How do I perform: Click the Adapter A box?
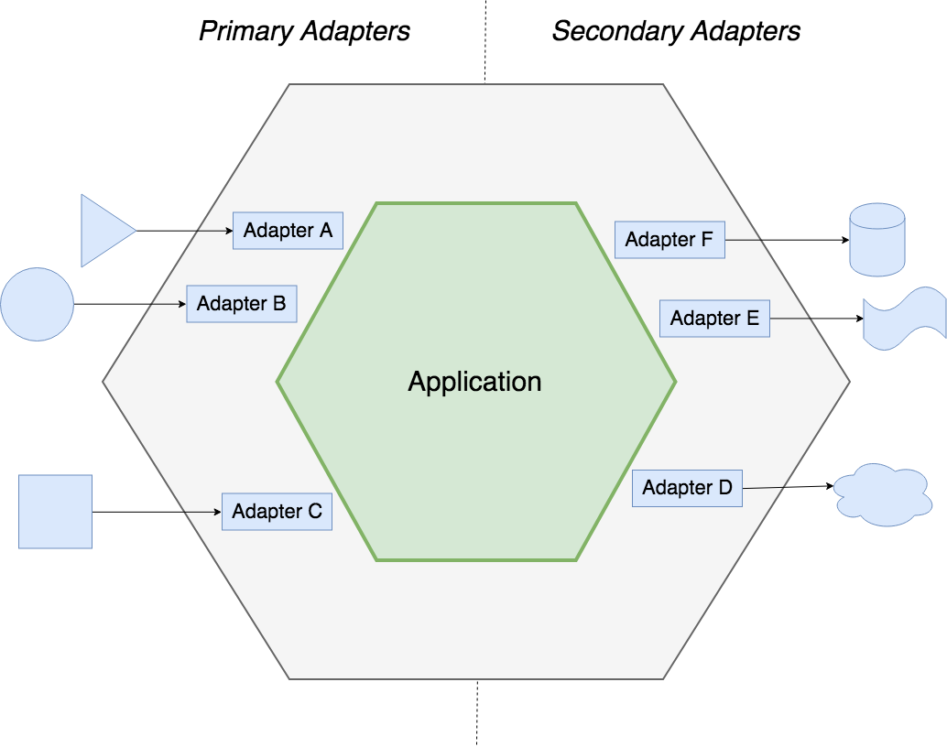click(x=288, y=231)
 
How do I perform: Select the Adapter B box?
click(x=242, y=303)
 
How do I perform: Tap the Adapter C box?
click(x=277, y=512)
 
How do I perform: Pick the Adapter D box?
click(x=687, y=488)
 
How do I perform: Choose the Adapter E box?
click(x=714, y=319)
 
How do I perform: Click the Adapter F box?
click(x=669, y=240)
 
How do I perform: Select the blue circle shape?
click(x=37, y=305)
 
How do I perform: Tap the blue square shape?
click(x=56, y=512)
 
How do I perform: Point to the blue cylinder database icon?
click(x=876, y=240)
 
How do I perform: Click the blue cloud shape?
click(x=882, y=495)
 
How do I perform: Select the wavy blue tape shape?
click(x=904, y=318)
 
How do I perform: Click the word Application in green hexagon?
click(x=474, y=382)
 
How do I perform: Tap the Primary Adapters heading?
click(x=304, y=31)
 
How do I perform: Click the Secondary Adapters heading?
click(x=676, y=31)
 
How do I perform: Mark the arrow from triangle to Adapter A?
click(x=184, y=231)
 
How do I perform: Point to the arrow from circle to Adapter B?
click(x=129, y=304)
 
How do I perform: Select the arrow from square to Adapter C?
click(x=157, y=512)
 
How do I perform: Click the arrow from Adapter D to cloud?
click(x=787, y=487)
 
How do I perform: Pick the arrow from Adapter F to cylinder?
click(x=787, y=240)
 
